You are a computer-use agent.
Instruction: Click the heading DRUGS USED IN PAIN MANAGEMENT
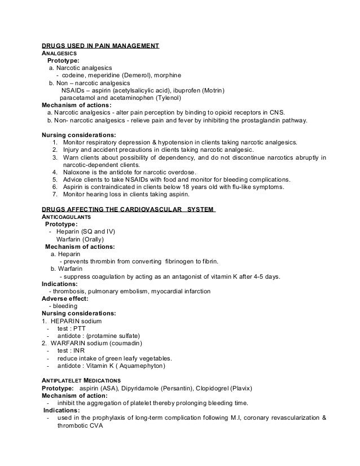click(101, 45)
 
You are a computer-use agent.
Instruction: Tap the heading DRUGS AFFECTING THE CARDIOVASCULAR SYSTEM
click(128, 209)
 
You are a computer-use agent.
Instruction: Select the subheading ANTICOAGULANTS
click(67, 217)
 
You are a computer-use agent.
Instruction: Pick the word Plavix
click(239, 389)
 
